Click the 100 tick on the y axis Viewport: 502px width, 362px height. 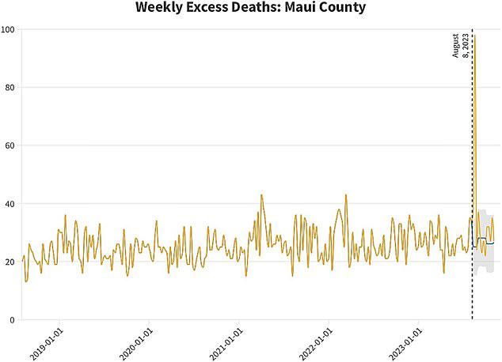click(x=10, y=29)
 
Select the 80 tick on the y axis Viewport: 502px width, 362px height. click(x=11, y=88)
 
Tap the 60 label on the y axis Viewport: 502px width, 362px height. click(x=11, y=145)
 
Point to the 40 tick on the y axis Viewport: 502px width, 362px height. click(x=11, y=204)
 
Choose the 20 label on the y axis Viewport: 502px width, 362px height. click(x=11, y=262)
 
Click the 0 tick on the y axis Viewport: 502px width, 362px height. click(x=13, y=320)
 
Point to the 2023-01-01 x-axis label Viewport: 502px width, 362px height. click(x=409, y=342)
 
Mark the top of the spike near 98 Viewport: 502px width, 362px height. click(x=474, y=36)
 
